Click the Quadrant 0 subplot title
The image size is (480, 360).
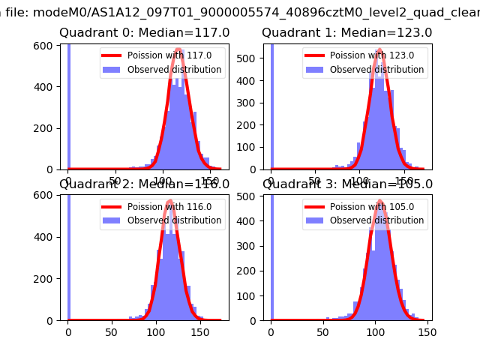click(x=144, y=33)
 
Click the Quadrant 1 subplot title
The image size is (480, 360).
click(x=346, y=33)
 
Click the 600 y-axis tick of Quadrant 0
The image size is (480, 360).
click(x=46, y=46)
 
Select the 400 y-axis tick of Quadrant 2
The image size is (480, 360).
click(x=46, y=237)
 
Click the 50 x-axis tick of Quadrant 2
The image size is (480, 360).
click(x=112, y=332)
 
